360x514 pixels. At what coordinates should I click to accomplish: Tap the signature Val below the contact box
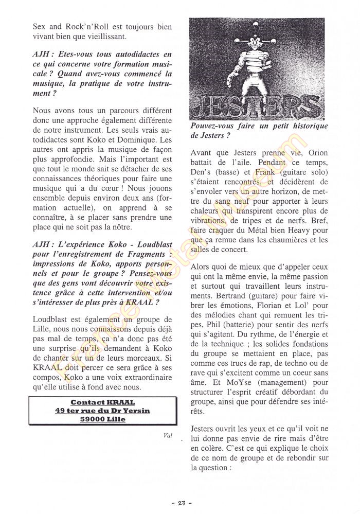click(x=168, y=435)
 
